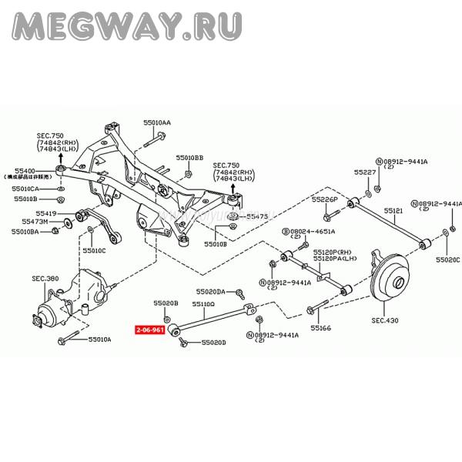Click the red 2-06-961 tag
click(x=149, y=330)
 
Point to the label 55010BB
click(x=189, y=157)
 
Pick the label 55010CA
click(x=26, y=188)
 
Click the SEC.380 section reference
click(x=45, y=278)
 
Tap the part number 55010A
click(x=99, y=339)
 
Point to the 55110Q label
click(x=204, y=304)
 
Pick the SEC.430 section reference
click(x=385, y=319)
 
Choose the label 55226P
click(x=325, y=199)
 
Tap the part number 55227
click(x=366, y=172)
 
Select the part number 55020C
click(x=447, y=260)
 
